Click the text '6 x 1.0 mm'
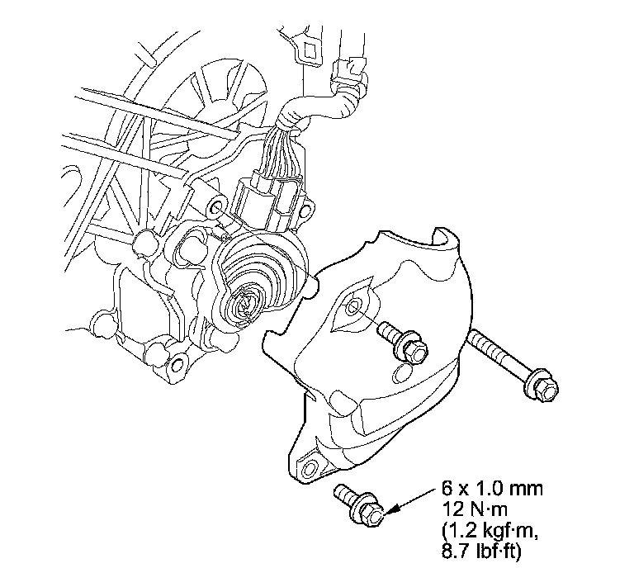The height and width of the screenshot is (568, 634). [x=492, y=490]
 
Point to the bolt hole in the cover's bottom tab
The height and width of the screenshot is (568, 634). [x=310, y=468]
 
